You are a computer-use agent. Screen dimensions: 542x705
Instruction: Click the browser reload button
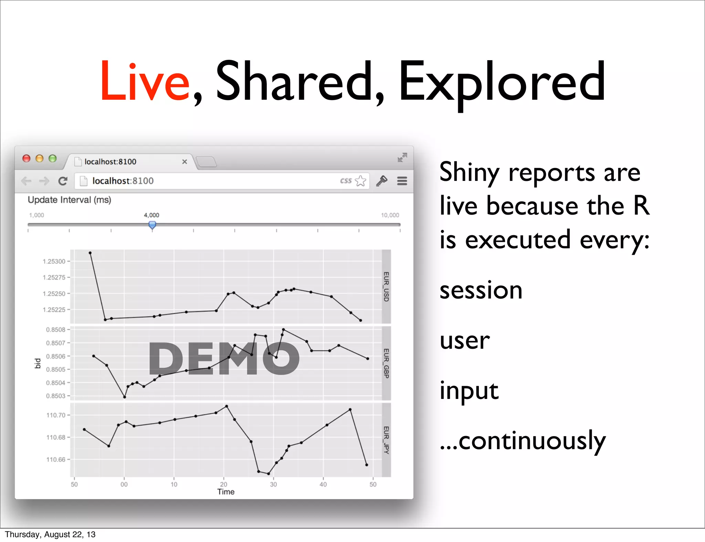click(x=63, y=181)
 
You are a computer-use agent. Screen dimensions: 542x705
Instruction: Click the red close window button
click(x=27, y=158)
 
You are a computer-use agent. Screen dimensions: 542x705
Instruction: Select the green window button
click(x=52, y=158)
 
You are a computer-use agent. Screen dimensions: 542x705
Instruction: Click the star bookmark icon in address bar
click(x=360, y=181)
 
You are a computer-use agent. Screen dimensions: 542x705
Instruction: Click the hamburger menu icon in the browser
click(x=402, y=181)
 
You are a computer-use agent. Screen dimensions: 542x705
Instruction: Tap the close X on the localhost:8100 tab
click(x=185, y=162)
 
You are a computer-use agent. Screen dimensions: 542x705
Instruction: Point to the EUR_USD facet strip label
click(x=386, y=286)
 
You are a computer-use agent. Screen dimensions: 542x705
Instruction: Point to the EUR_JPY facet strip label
click(x=386, y=440)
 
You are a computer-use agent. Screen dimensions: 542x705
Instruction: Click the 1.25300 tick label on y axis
click(x=54, y=261)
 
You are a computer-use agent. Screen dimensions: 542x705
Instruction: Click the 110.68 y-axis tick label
click(x=56, y=437)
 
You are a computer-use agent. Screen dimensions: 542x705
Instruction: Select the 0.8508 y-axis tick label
click(x=55, y=329)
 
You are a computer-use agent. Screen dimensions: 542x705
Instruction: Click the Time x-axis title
click(x=226, y=492)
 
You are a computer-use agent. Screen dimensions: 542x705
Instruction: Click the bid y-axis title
click(x=38, y=363)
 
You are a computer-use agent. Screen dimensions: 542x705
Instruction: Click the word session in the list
click(x=481, y=290)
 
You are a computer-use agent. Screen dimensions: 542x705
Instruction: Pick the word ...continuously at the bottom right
click(x=523, y=441)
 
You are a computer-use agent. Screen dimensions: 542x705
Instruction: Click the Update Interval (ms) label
click(x=69, y=200)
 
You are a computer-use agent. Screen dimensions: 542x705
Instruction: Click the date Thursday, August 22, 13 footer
click(x=50, y=534)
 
